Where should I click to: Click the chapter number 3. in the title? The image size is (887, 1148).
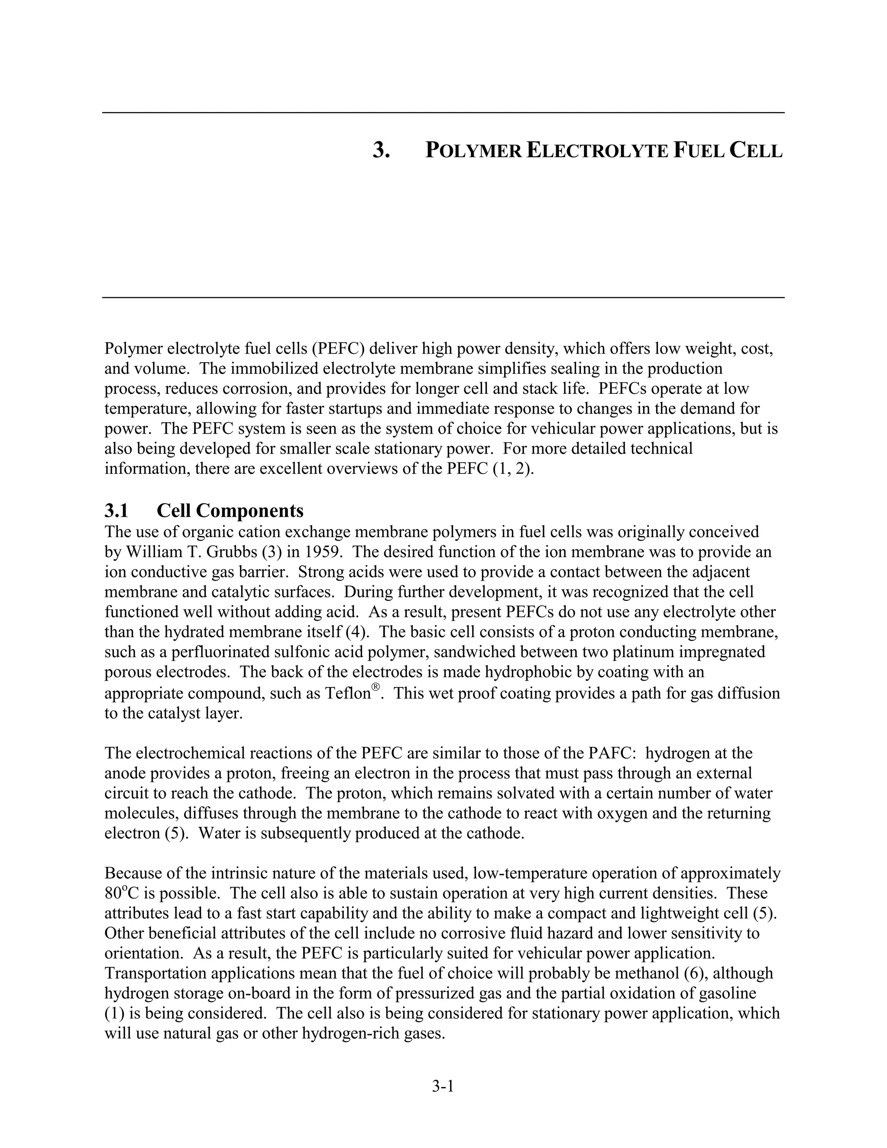click(x=382, y=151)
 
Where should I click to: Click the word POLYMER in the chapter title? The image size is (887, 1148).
click(x=473, y=151)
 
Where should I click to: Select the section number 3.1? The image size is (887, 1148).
click(x=117, y=510)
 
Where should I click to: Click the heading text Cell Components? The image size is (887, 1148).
click(x=230, y=510)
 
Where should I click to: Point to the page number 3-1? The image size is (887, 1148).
click(x=443, y=1086)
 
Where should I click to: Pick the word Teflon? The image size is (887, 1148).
click(x=348, y=694)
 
